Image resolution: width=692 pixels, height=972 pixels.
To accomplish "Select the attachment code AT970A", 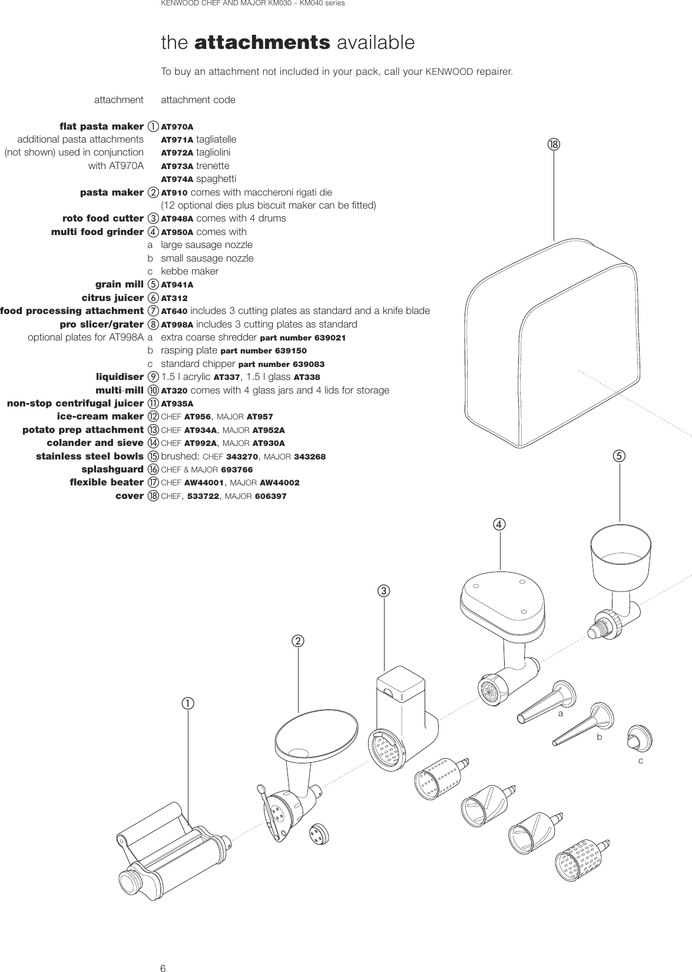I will (177, 127).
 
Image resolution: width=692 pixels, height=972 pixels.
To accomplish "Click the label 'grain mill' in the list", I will (120, 285).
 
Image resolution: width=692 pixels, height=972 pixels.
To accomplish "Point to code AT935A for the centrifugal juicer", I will (177, 404).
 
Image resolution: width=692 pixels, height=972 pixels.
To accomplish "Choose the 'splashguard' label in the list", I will (112, 470).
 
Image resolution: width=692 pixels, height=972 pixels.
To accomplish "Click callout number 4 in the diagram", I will (499, 524).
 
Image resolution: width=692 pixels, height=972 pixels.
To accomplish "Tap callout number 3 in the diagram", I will (384, 590).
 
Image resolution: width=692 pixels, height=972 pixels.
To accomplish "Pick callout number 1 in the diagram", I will (187, 703).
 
